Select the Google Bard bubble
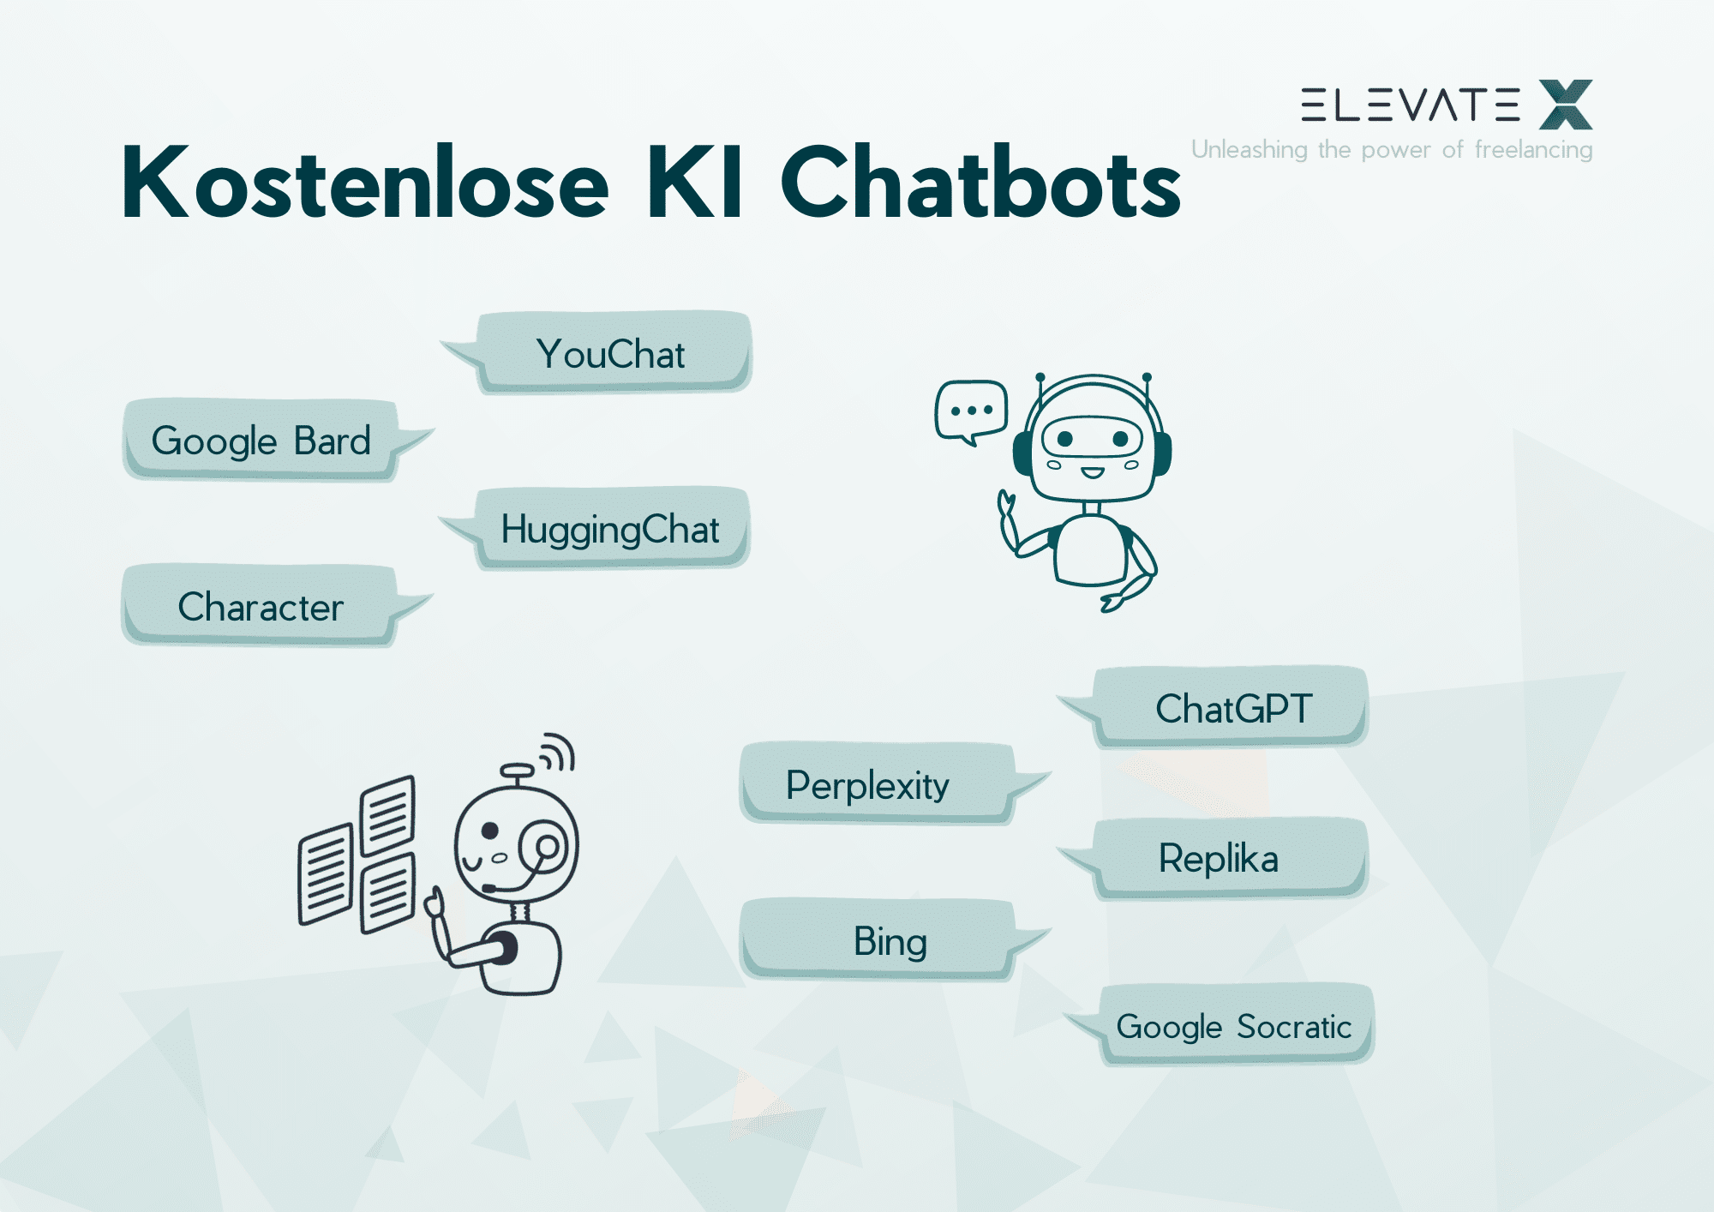(261, 441)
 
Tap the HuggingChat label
(610, 529)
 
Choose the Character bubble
(261, 607)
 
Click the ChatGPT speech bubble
(1232, 708)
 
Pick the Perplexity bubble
(867, 785)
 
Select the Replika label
(1219, 858)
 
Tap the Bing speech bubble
(890, 941)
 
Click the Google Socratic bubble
(1234, 1026)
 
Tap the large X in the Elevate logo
(1566, 105)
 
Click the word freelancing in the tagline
(1533, 150)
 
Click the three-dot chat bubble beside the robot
(971, 411)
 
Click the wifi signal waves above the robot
(557, 752)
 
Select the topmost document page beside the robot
(387, 814)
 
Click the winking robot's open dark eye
(490, 830)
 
